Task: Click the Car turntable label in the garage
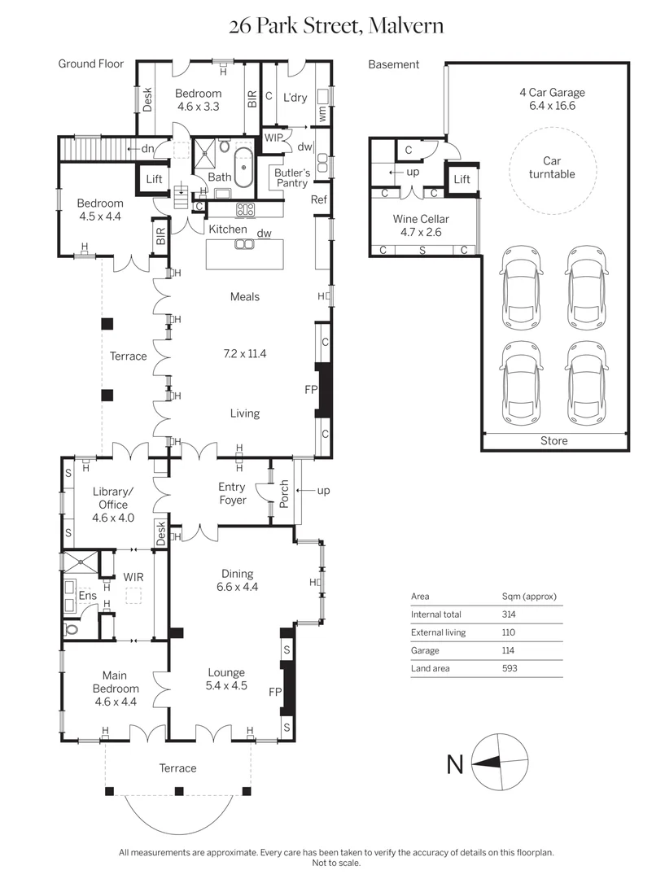click(x=552, y=168)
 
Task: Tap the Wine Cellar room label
click(x=421, y=219)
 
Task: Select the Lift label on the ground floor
click(x=154, y=179)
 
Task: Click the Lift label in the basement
click(x=462, y=179)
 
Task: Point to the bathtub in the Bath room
click(x=244, y=168)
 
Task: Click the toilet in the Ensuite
click(x=71, y=629)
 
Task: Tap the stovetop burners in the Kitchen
click(x=246, y=210)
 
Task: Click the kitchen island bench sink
click(x=244, y=244)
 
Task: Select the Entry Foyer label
click(x=232, y=493)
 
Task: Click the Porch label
click(x=284, y=494)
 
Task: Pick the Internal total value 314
click(x=509, y=614)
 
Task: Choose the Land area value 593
click(x=510, y=668)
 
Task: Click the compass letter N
click(x=455, y=764)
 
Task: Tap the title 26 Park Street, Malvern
click(x=336, y=25)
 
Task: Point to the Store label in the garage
click(x=554, y=440)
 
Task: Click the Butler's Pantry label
click(x=292, y=177)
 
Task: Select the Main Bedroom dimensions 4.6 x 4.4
click(x=116, y=702)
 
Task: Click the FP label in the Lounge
click(x=275, y=692)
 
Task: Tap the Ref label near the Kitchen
click(x=318, y=199)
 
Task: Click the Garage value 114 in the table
click(x=508, y=650)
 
